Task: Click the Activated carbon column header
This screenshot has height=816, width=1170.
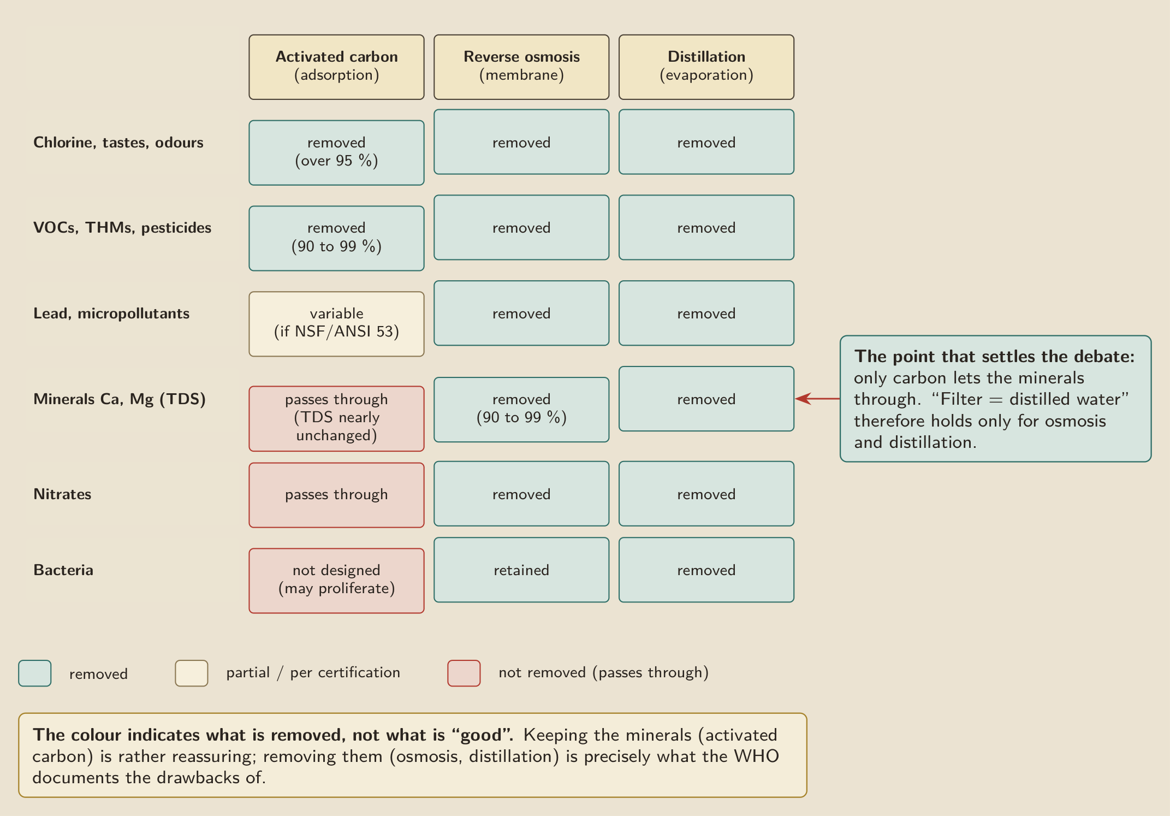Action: [336, 67]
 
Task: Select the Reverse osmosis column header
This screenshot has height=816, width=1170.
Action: [521, 67]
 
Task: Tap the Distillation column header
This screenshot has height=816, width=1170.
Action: [706, 67]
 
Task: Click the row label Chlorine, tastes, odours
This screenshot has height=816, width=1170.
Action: [118, 143]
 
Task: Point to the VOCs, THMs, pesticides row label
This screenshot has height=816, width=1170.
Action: [122, 228]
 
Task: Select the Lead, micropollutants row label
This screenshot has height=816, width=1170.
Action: [111, 314]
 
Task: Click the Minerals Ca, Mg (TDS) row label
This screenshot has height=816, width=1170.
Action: [120, 399]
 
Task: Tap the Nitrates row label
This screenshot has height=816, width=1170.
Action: [62, 494]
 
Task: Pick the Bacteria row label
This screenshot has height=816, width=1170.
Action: [63, 570]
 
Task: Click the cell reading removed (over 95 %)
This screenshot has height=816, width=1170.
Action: [336, 153]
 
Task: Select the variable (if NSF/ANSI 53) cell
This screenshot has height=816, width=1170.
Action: [336, 324]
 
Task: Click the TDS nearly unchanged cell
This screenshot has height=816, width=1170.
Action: [336, 419]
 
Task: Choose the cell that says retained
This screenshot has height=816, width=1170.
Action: [521, 570]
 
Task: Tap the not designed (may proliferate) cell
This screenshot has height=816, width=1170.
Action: [336, 581]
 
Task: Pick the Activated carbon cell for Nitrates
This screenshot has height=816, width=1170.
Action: [336, 495]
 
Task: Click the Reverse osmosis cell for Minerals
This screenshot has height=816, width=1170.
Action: [521, 410]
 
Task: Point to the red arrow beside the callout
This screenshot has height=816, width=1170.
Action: [817, 399]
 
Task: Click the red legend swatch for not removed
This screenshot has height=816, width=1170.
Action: [464, 673]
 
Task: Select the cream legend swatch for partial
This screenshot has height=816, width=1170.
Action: [192, 673]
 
